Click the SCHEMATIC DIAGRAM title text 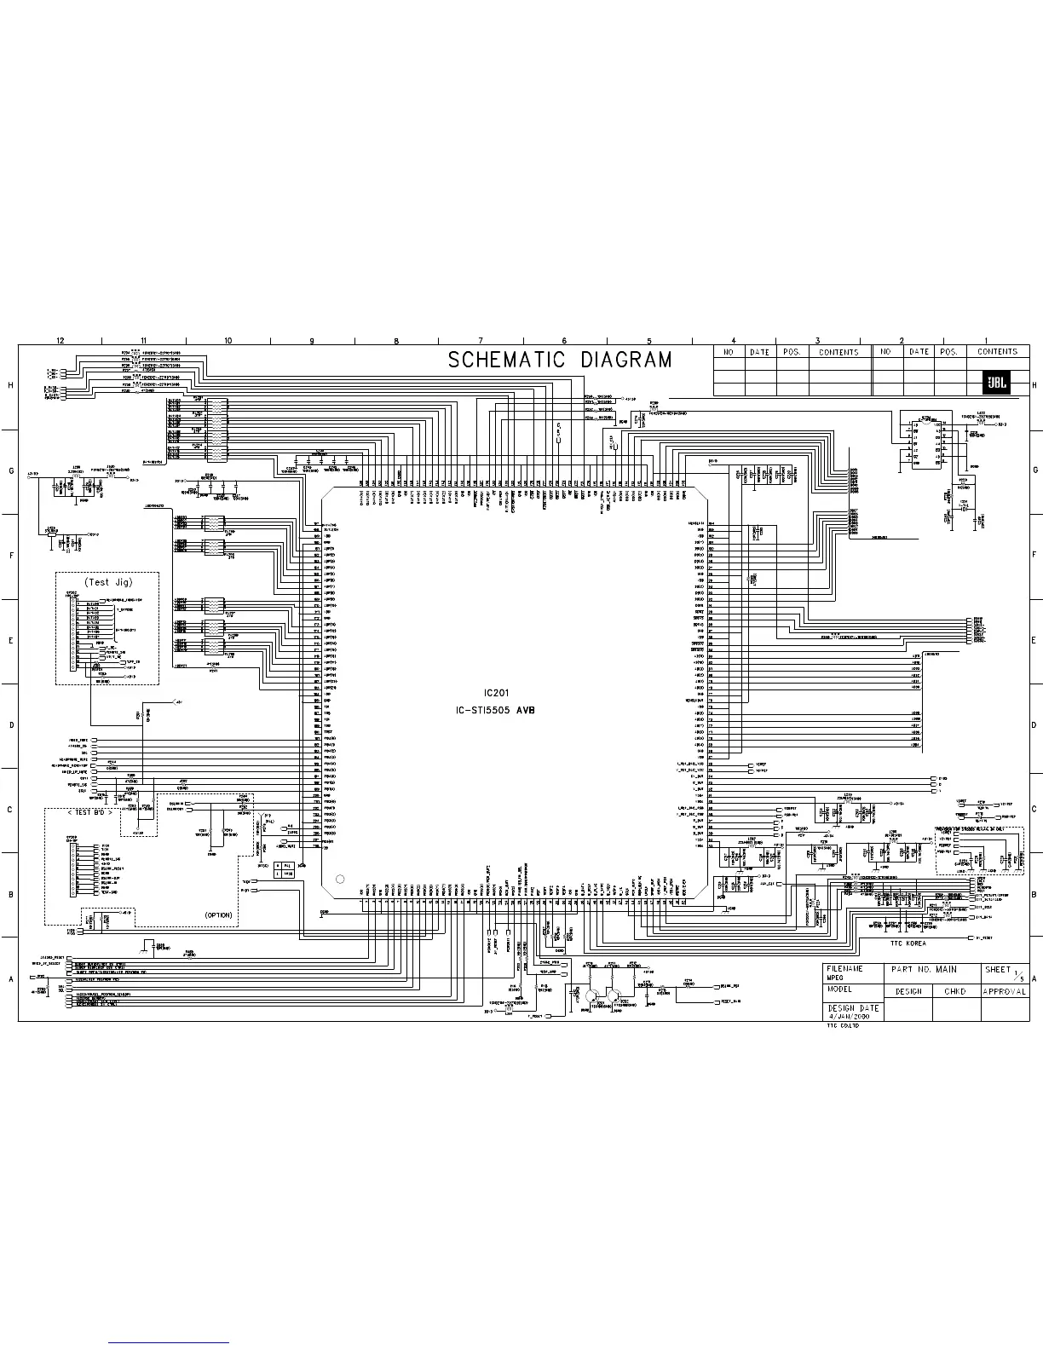pos(560,361)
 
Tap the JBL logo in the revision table pos(997,384)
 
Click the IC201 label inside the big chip pos(495,693)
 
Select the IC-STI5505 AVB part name pos(495,710)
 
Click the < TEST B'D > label pos(89,812)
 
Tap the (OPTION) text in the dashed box pos(218,914)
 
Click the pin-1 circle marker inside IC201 pos(340,879)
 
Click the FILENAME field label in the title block pos(845,969)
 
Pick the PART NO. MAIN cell pos(924,970)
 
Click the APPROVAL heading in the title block pos(1004,992)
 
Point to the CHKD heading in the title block pos(954,992)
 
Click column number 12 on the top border pos(60,341)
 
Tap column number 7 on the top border pos(481,341)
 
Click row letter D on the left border pos(10,725)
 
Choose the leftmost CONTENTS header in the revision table pos(838,351)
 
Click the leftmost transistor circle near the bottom pos(593,995)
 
